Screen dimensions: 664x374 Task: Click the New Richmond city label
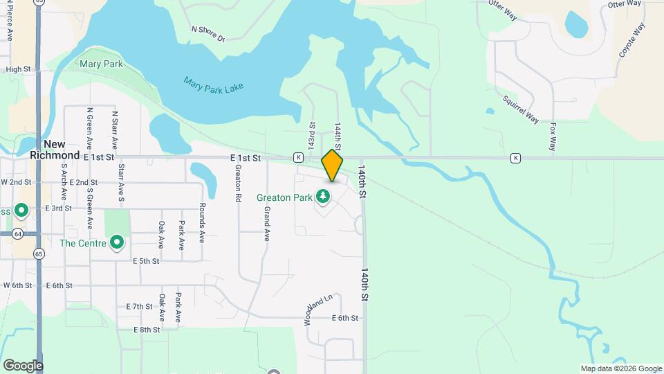55,150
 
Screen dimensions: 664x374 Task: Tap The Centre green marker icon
117,243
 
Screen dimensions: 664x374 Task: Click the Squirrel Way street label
522,109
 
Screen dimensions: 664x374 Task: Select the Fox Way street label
552,136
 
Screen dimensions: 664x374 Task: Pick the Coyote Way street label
631,40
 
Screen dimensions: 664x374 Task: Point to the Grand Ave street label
267,225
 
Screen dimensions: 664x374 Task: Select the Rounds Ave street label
202,222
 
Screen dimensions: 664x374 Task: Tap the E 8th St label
148,330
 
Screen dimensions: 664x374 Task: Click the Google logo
23,366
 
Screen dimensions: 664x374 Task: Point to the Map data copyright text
620,368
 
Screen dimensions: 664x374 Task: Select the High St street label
19,69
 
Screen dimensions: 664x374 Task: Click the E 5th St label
146,261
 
